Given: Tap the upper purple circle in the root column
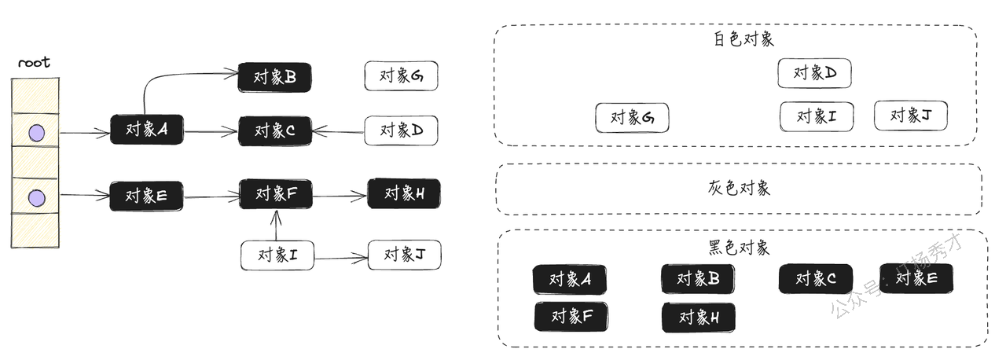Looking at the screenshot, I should click(x=36, y=134).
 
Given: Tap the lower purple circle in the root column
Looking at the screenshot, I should click(x=36, y=197).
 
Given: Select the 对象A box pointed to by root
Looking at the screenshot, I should click(x=147, y=130).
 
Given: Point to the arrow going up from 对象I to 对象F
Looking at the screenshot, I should click(x=274, y=226).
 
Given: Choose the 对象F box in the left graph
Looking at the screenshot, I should click(x=276, y=193).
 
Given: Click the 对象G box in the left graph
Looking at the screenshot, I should click(x=401, y=75).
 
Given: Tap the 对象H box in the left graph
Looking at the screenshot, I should click(x=404, y=193).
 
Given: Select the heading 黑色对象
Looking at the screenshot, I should click(x=738, y=248).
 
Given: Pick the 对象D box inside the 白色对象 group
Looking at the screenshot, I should click(x=815, y=73).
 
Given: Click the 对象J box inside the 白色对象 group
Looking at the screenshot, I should click(x=911, y=116).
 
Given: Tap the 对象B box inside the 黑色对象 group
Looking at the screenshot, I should click(x=698, y=278).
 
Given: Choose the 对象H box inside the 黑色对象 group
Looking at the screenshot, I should click(x=698, y=317).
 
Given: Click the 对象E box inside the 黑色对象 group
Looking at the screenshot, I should click(x=916, y=278).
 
